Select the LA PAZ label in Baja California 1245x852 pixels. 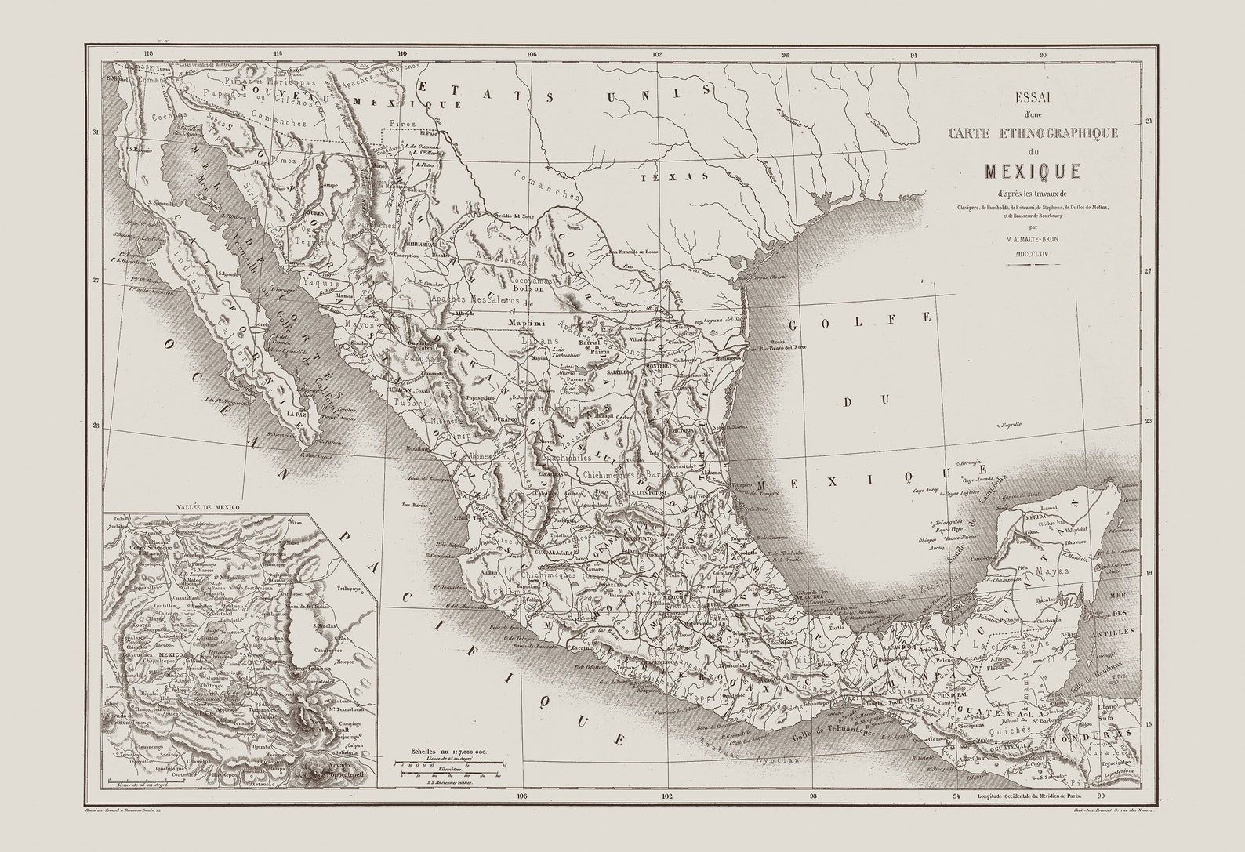[x=296, y=413]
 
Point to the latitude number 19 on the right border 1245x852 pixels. [x=1148, y=574]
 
